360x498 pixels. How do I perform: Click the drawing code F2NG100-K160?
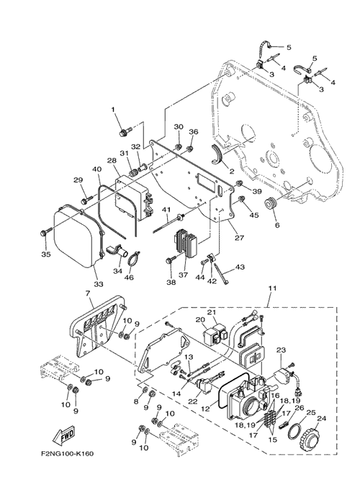point(66,453)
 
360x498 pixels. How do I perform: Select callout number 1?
point(113,109)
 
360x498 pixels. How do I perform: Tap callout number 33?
point(99,284)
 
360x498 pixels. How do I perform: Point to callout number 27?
point(240,238)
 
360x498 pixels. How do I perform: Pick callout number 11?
point(272,288)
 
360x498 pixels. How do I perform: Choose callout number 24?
point(321,419)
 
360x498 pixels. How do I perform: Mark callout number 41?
point(167,210)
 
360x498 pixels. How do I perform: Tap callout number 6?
point(277,225)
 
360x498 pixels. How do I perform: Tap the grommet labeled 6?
point(271,203)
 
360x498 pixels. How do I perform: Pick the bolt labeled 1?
point(124,132)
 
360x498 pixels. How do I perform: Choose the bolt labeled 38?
point(170,261)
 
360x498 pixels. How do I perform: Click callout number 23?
point(281,350)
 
